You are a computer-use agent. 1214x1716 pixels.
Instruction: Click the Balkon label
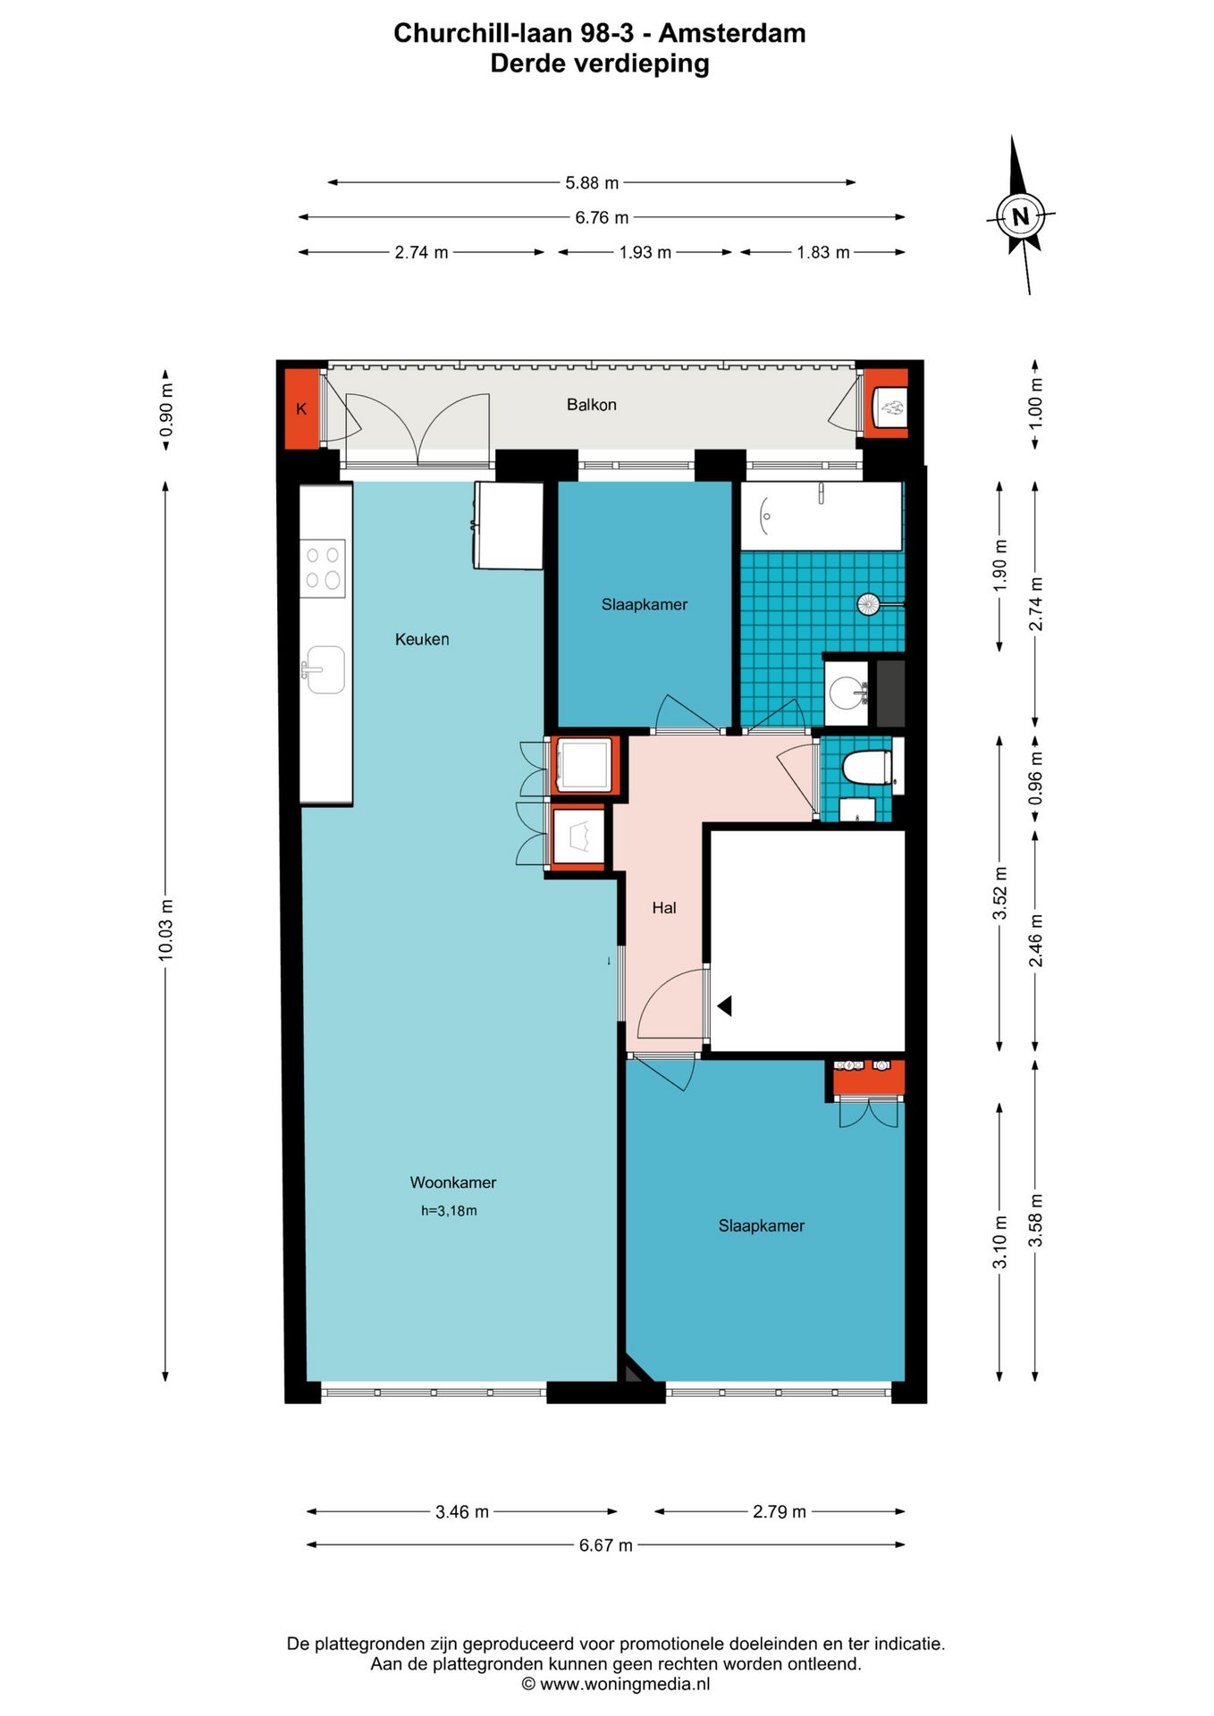coord(591,405)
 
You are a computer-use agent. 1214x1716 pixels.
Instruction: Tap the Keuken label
coord(422,639)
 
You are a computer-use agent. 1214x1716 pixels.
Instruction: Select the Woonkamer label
coord(452,1182)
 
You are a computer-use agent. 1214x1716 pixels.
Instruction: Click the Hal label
coord(663,908)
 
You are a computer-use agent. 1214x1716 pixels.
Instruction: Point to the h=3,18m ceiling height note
coord(449,1211)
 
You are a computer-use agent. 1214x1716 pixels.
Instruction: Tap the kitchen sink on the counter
coord(324,669)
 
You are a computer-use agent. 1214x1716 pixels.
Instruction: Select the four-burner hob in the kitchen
coord(323,568)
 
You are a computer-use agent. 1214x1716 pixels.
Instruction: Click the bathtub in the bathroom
coord(821,517)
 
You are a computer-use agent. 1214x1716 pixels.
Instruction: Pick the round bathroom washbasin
coord(846,692)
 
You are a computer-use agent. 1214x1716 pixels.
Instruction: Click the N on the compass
coord(1020,216)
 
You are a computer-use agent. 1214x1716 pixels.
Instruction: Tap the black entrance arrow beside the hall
coord(725,1005)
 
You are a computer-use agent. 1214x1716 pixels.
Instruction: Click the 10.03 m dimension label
coord(165,930)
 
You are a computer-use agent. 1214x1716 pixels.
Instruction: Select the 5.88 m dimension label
coord(592,182)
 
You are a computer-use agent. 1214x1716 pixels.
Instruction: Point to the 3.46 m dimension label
coord(462,1511)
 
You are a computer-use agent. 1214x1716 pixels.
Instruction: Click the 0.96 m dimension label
coord(1035,776)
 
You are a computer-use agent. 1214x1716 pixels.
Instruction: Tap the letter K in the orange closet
coord(301,409)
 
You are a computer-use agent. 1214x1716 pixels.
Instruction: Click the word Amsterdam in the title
coord(732,33)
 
